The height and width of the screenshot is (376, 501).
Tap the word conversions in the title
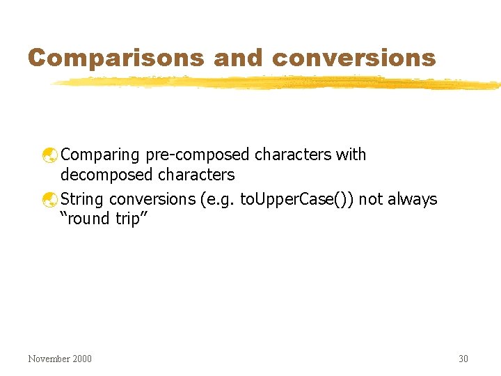point(354,57)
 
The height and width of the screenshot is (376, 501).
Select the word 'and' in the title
point(239,57)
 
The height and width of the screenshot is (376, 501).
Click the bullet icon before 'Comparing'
point(50,155)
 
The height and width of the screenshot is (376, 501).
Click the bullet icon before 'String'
point(50,200)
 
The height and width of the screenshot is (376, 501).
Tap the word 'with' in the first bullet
point(351,155)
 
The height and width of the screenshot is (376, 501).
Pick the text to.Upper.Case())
point(296,199)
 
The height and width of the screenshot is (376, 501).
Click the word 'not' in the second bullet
point(371,199)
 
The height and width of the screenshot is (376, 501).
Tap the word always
point(413,199)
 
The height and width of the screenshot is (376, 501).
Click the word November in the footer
point(49,359)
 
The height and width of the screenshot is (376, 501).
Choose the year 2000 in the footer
point(81,359)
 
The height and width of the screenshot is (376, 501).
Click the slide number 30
point(463,359)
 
